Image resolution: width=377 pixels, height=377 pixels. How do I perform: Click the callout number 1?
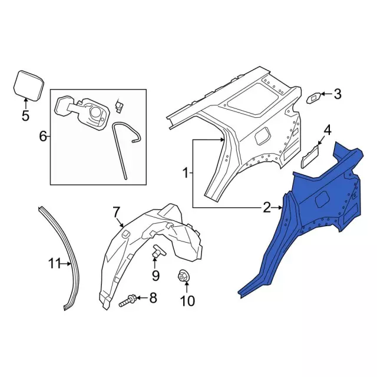pos(186,173)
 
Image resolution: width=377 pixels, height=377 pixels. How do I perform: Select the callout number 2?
pos(267,207)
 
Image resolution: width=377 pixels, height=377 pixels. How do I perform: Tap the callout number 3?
pos(338,93)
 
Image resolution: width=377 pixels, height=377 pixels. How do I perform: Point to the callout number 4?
pos(328,130)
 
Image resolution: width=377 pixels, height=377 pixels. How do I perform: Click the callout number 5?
pos(25,115)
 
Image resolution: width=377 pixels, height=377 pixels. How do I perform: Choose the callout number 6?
pos(42,137)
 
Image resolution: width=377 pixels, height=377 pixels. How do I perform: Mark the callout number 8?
pos(153,299)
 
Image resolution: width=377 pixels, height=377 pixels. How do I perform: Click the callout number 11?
pos(55,264)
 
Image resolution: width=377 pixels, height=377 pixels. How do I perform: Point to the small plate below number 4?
pos(310,157)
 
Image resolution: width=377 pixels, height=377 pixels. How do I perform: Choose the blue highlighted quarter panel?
pos(312,212)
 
